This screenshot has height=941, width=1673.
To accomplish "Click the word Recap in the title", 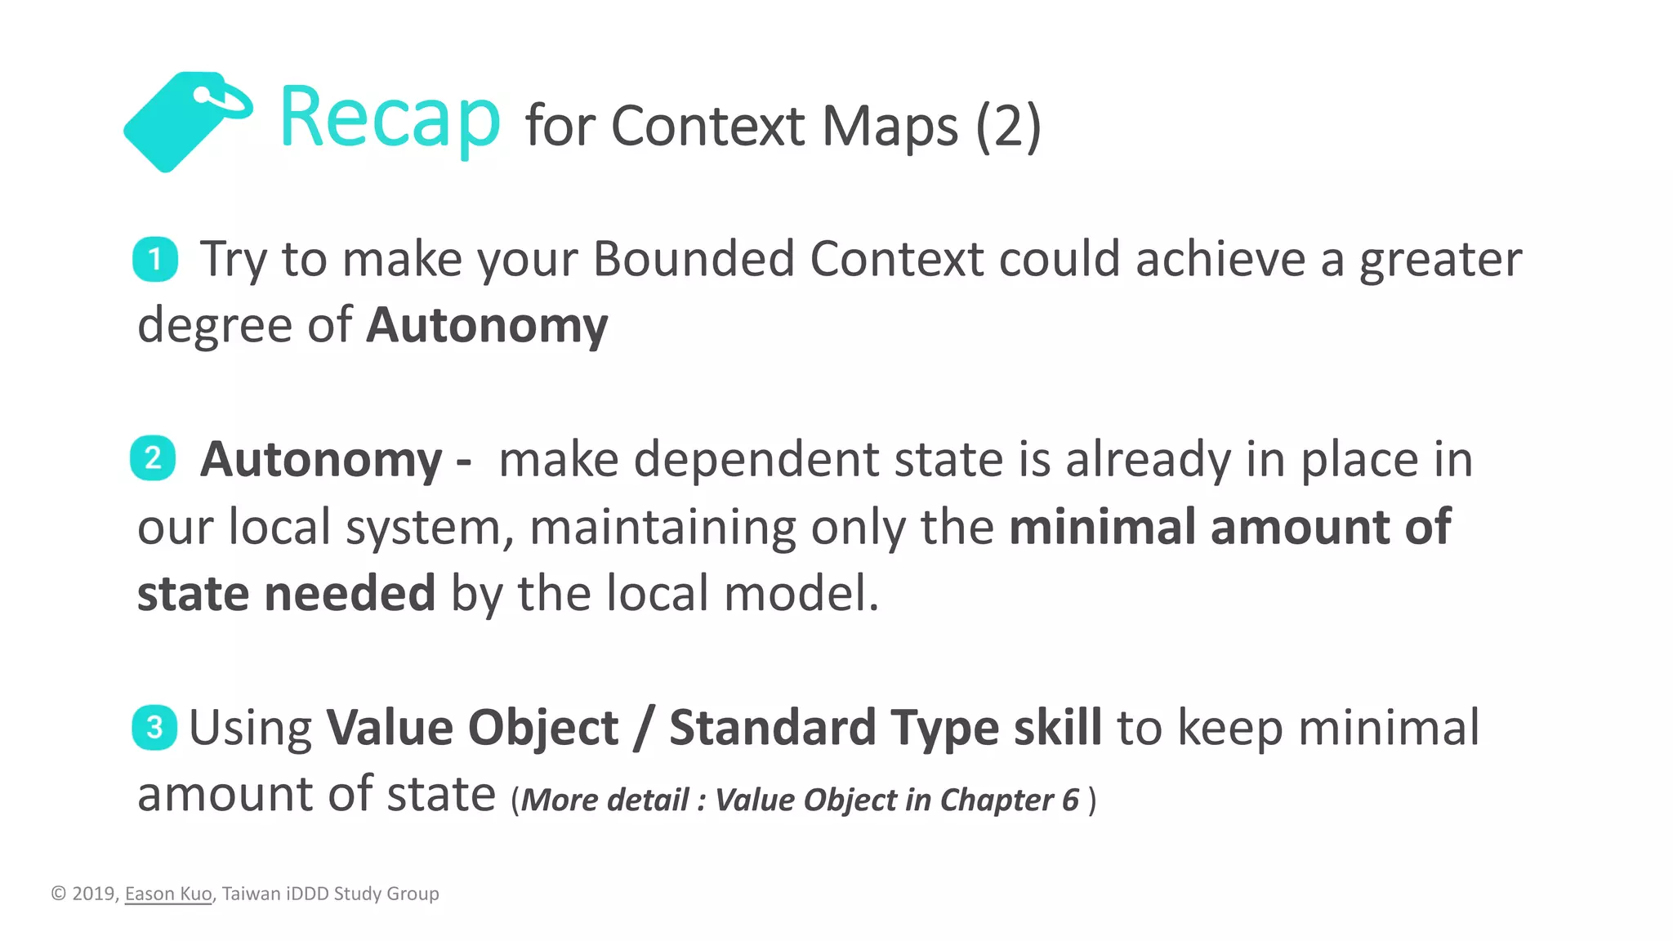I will coord(389,119).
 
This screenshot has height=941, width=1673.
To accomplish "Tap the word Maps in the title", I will coord(889,127).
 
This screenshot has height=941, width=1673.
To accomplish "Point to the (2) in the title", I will coord(1008,127).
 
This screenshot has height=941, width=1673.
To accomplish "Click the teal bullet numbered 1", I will coord(155,260).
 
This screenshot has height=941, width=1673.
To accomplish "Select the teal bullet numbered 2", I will coord(153,458).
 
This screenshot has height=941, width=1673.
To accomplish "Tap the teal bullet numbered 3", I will coord(154,727).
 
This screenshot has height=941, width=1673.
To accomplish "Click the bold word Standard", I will coord(772,727).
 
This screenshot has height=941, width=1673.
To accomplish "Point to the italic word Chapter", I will coord(997,800).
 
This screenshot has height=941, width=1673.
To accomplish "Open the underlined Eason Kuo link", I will coord(168,894).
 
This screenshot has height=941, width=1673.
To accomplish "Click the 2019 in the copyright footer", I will coord(94,894).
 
